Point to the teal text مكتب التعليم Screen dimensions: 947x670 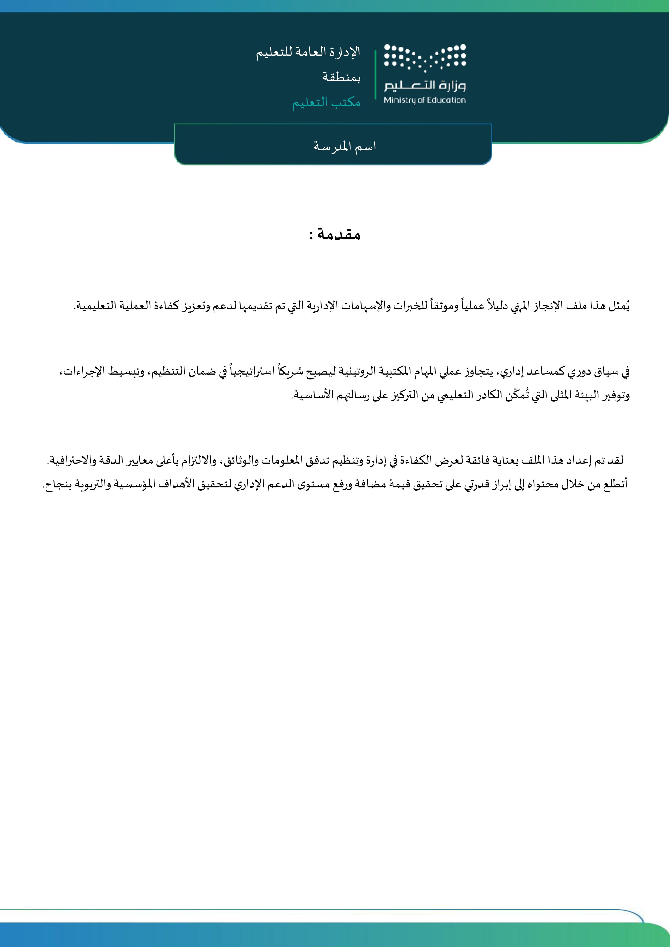(x=326, y=102)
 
